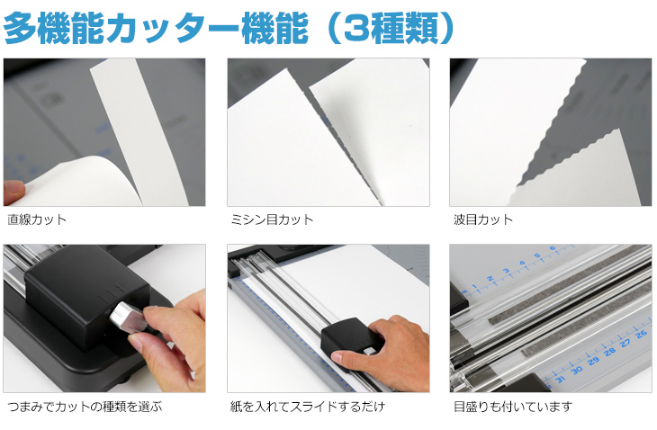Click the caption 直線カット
point(37,219)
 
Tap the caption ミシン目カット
point(272,219)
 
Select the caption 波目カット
point(483,219)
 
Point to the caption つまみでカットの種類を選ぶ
point(85,406)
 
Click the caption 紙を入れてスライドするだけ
point(307,406)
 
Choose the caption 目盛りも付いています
point(513,406)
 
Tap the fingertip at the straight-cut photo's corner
point(13,193)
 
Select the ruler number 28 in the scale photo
point(609,352)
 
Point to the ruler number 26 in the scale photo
point(642,334)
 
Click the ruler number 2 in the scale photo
point(490,279)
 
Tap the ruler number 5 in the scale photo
point(537,255)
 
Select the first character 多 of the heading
point(20,28)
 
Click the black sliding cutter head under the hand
point(348,341)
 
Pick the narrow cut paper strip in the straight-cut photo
point(139,130)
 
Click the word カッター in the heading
point(172,28)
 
